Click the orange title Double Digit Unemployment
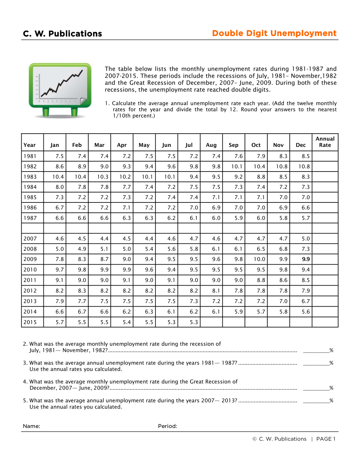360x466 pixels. pos(274,33)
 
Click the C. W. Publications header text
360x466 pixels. pos(62,34)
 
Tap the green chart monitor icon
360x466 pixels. pos(60,90)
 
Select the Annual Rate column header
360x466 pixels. pos(325,142)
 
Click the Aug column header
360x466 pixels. pos(211,145)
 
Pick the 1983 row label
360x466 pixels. pos(30,177)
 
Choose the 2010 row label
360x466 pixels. pos(30,269)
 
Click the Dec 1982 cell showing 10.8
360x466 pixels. pos(304,166)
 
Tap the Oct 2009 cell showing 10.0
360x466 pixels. pos(259,259)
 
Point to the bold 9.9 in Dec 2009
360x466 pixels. pos(306,259)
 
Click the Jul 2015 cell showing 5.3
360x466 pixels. pos(194,322)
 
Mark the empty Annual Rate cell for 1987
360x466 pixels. pos(325,218)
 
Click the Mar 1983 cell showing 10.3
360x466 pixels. pos(103,177)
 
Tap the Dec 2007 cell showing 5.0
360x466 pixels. pos(306,239)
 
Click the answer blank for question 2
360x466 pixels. pos(316,350)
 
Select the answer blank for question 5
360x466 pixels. pos(316,400)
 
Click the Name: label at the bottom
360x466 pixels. pos(32,426)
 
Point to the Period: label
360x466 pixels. pos(167,426)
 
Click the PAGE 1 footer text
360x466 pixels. pos(325,439)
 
